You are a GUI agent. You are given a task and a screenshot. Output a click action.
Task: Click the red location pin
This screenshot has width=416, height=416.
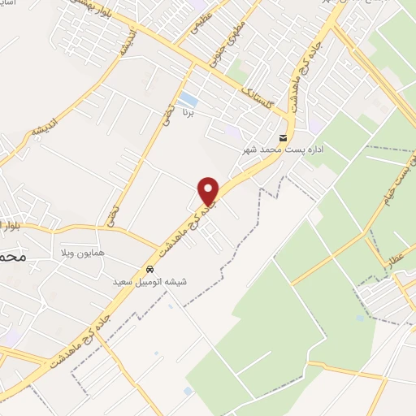[209, 190]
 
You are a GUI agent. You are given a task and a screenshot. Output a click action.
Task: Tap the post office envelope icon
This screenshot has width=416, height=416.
[283, 137]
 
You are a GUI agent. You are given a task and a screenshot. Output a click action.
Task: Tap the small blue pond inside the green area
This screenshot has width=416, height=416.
[359, 318]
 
